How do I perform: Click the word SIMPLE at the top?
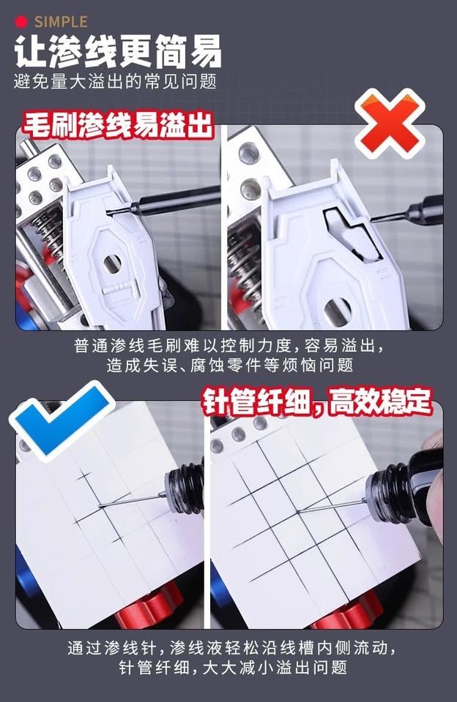click(61, 22)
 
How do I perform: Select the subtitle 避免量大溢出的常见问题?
click(115, 81)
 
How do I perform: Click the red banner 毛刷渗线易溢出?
click(117, 126)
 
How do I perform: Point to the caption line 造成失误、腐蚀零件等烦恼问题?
click(228, 365)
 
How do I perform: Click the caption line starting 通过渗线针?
click(228, 648)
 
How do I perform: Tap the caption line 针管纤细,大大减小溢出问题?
click(228, 668)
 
